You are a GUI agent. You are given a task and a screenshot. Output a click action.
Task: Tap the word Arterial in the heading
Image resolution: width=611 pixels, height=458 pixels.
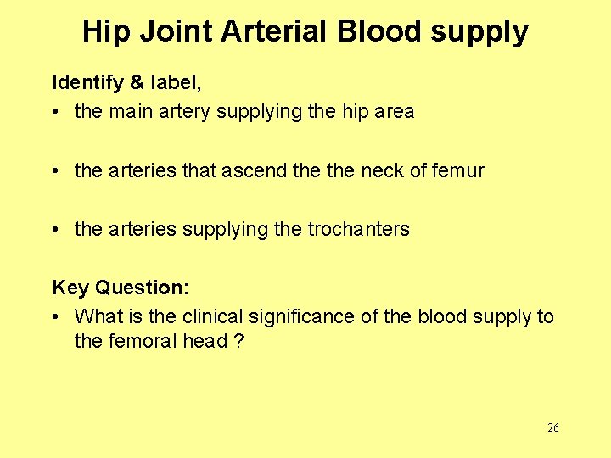[274, 32]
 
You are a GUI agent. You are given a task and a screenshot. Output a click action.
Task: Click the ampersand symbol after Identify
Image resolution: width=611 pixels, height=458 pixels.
[137, 83]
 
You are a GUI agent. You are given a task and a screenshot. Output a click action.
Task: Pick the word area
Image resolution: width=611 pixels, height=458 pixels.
[393, 111]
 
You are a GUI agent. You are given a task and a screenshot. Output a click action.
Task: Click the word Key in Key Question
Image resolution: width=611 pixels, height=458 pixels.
[70, 288]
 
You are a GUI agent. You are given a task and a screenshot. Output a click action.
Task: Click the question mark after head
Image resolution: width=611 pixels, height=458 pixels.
[238, 341]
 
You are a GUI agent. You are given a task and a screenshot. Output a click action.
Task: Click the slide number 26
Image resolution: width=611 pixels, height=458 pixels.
[552, 427]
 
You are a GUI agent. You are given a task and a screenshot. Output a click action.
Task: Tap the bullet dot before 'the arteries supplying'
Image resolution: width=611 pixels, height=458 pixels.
[57, 230]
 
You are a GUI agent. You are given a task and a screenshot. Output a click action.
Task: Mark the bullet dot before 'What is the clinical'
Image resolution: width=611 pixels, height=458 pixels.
[57, 317]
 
